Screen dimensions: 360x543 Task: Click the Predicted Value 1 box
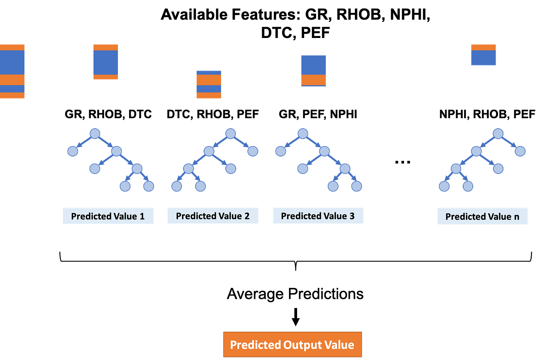[x=108, y=216]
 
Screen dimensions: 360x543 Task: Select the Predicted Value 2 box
[x=213, y=215]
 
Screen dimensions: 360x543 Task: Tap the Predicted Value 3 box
[x=318, y=215]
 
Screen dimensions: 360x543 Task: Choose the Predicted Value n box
[x=482, y=216]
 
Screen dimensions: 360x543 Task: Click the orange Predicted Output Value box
[x=292, y=344]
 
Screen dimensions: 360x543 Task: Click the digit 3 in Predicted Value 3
[x=352, y=216]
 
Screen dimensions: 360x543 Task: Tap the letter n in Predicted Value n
[x=516, y=217]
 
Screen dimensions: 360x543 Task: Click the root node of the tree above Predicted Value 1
[x=95, y=133]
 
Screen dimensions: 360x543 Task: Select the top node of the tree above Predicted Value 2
[x=230, y=133]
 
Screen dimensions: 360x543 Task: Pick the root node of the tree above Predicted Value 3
[x=303, y=133]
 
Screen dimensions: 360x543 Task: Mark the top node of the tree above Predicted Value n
[x=498, y=133]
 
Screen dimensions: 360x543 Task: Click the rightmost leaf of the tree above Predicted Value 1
[x=149, y=186]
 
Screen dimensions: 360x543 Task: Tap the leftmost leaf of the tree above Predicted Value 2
[x=176, y=186]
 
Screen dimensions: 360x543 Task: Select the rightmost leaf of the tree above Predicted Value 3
[x=356, y=186]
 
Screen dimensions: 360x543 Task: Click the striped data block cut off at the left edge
[x=12, y=71]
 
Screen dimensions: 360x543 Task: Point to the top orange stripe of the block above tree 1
[x=105, y=47]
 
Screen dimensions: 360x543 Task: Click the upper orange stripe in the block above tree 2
[x=209, y=80]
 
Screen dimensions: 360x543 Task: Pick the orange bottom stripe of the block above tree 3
[x=314, y=80]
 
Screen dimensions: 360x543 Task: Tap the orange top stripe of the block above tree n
[x=483, y=47]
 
